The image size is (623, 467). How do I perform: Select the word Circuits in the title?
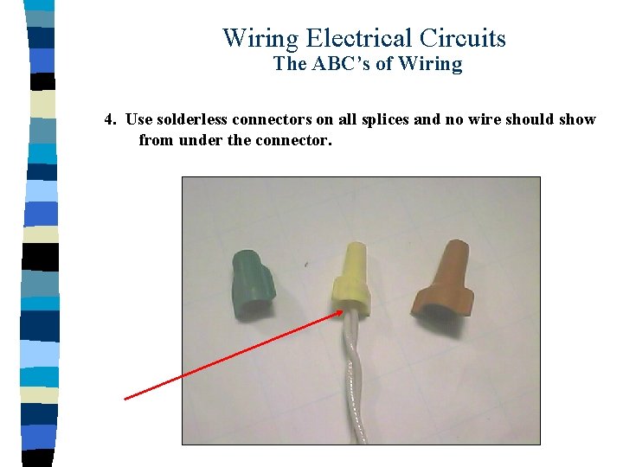463,39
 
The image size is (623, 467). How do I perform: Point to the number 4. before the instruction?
110,119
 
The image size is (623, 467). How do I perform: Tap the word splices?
383,119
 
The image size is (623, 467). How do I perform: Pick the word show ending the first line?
577,119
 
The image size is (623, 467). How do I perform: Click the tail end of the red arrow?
125,399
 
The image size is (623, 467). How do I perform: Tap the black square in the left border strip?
41,257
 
